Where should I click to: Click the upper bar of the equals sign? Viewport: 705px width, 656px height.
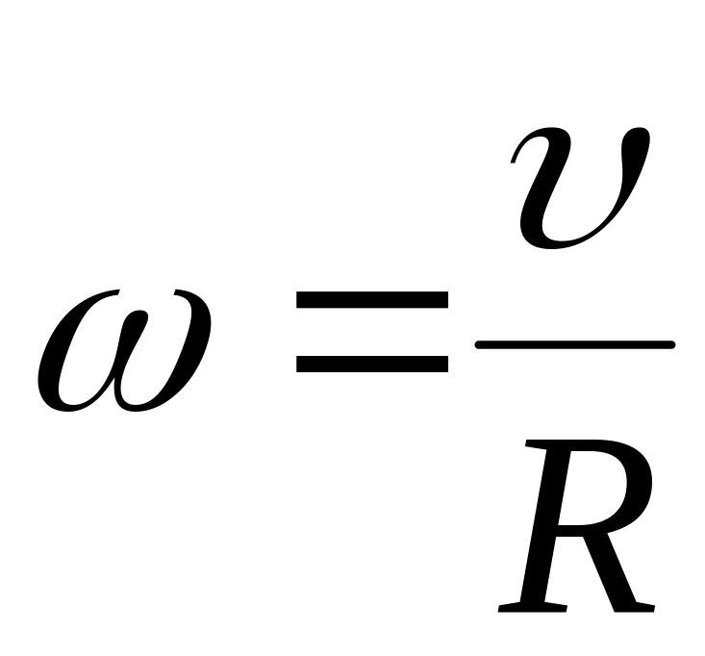372,300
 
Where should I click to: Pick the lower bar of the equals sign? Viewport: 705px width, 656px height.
372,365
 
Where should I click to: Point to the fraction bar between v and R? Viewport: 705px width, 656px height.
575,345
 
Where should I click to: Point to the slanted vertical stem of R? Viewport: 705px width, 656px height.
545,526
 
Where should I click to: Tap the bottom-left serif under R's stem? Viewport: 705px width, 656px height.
532,607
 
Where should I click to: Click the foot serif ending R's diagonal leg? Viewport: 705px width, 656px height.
635,607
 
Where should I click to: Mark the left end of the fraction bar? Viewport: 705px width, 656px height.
477,345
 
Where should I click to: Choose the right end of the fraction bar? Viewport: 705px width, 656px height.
672,345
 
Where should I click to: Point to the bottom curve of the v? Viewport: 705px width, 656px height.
558,243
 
